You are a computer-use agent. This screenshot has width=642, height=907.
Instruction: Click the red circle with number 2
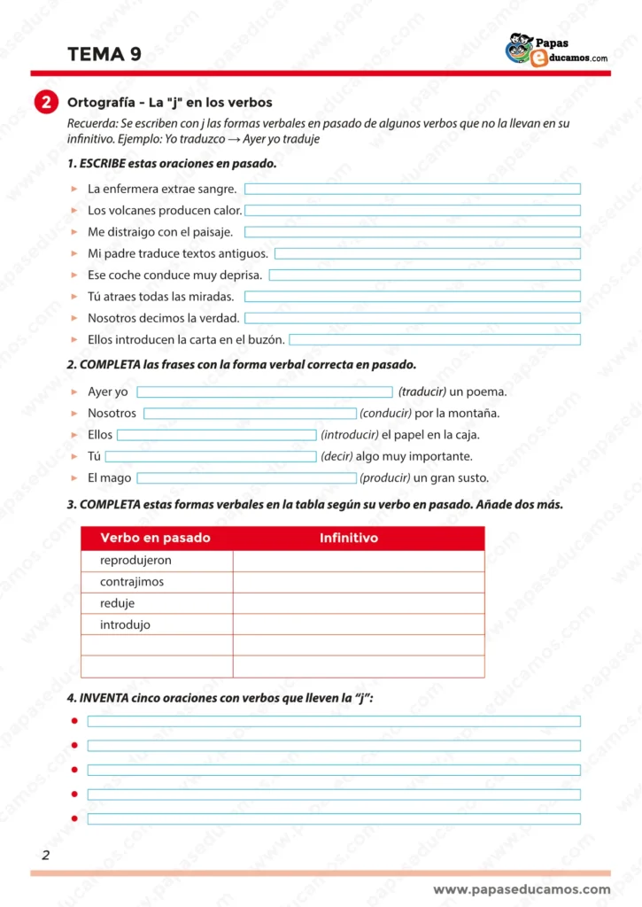click(x=45, y=103)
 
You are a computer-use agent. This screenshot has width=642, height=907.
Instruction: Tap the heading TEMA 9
click(x=104, y=55)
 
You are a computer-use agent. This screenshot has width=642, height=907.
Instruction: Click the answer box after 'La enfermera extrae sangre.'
click(x=412, y=189)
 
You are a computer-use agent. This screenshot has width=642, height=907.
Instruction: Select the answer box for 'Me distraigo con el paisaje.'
click(x=412, y=232)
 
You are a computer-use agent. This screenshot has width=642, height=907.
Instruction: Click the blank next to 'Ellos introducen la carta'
click(x=435, y=339)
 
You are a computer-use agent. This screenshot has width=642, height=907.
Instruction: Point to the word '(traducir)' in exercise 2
click(x=422, y=391)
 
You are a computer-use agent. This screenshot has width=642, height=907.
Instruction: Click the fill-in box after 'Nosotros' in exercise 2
click(x=250, y=414)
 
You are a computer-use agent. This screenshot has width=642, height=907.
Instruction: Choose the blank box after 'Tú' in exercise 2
click(x=211, y=457)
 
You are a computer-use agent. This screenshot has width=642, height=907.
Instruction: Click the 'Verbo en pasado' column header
click(x=155, y=538)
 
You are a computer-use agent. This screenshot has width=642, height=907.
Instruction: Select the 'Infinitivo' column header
click(x=349, y=538)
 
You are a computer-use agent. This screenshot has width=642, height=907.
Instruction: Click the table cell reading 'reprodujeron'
click(x=136, y=561)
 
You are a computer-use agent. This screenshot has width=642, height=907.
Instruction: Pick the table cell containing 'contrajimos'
click(x=132, y=582)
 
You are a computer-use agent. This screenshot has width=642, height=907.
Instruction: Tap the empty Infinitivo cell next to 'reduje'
click(x=359, y=603)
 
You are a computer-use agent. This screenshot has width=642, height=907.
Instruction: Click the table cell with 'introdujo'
click(x=126, y=624)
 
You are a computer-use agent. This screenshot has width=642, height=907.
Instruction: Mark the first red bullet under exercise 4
click(x=75, y=721)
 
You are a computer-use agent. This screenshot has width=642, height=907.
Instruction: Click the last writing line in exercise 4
click(x=334, y=818)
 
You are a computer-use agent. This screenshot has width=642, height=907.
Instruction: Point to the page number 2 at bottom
click(x=45, y=855)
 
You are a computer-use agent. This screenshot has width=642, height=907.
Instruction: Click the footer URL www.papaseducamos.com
click(x=522, y=889)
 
